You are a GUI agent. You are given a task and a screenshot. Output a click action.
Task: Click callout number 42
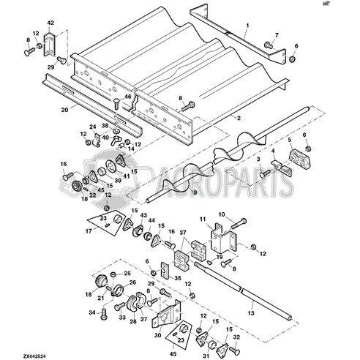coord(50,24)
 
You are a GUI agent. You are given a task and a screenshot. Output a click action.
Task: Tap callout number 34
coord(92,312)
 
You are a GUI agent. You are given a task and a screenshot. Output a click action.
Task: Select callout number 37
coord(184,233)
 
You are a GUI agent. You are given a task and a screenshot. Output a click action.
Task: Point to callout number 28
coord(132,320)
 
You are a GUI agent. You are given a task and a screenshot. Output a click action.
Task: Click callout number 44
coord(151,220)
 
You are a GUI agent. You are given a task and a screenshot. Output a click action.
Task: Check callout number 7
coord(276,34)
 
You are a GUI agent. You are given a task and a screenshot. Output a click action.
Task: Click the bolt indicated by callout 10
coord(241,220)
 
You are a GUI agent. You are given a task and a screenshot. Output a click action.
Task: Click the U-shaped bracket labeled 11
coord(219,238)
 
